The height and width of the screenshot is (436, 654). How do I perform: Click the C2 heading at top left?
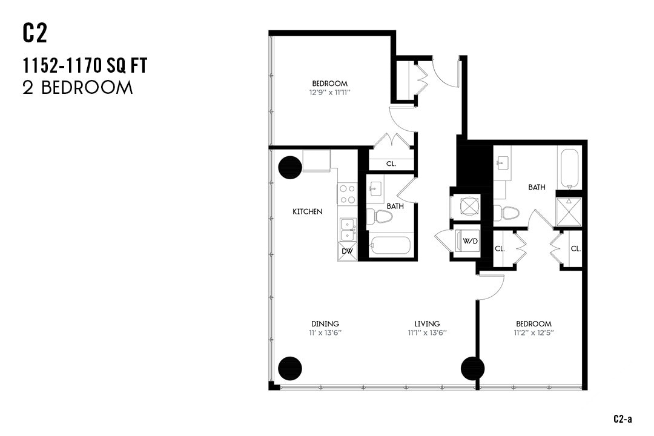(35, 34)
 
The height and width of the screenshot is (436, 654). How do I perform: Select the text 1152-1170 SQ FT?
(85, 65)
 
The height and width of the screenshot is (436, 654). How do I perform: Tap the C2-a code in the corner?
(623, 418)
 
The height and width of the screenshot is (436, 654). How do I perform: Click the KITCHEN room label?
(307, 211)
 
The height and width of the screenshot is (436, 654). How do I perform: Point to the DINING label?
(325, 324)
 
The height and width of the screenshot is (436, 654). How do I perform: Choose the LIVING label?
(427, 324)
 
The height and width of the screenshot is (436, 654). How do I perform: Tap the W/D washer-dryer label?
(470, 241)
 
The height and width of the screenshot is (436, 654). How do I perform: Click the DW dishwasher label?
(347, 251)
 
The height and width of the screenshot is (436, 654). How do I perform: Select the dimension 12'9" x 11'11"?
(330, 93)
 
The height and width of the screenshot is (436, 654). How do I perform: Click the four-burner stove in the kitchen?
(348, 194)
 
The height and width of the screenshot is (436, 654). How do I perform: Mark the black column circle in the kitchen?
(289, 168)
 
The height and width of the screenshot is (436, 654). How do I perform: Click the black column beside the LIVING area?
(472, 368)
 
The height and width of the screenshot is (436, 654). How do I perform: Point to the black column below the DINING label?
(289, 368)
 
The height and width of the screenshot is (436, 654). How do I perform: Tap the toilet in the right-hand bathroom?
(507, 213)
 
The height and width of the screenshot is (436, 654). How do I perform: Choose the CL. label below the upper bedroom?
(391, 163)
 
